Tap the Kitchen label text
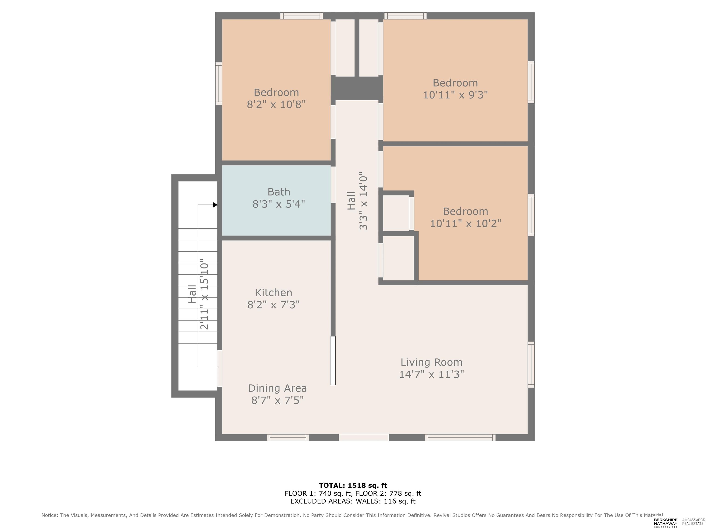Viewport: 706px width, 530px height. tap(273, 293)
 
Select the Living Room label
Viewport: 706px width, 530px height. tap(432, 362)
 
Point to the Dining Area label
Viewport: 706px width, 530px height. tap(277, 388)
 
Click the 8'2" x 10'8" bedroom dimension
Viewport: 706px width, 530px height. tap(276, 104)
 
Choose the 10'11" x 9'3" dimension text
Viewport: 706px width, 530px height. tap(455, 95)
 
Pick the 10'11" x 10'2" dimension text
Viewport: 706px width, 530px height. tap(466, 223)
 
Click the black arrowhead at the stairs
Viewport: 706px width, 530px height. tap(215, 205)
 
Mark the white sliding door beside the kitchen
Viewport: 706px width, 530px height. tap(333, 360)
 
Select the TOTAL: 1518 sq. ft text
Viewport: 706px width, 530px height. tap(353, 486)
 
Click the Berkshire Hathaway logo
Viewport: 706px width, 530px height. tap(666, 523)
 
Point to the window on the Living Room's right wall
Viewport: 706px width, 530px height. tap(531, 365)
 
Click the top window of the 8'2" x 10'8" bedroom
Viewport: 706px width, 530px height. tap(302, 16)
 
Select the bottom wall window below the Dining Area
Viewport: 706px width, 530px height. tap(288, 438)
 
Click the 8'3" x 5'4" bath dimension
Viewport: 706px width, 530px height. tap(279, 204)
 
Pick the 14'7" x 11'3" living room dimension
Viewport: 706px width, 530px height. tap(432, 374)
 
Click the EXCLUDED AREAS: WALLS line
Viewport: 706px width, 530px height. tap(353, 501)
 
